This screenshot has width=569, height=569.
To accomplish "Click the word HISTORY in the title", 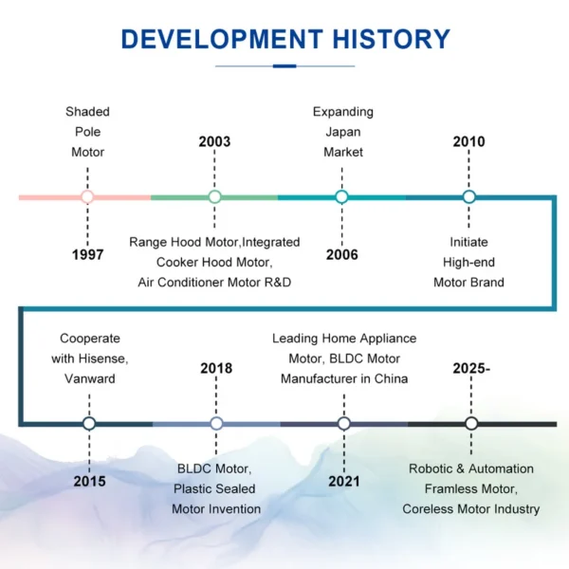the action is tap(391, 39).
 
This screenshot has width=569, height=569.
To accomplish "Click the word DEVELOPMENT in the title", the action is tap(222, 39).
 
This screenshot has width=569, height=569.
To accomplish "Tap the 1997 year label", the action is tap(88, 255).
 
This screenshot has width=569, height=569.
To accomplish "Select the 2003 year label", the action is tap(214, 141).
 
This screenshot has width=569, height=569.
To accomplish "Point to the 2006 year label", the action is tap(341, 255).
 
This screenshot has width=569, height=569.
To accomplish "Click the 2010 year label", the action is tap(468, 141).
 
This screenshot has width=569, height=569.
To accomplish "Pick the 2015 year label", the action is tap(90, 481).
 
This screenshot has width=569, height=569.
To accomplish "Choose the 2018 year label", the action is tap(216, 368).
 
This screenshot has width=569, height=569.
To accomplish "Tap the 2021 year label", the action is tap(344, 481).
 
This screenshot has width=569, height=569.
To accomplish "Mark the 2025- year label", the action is tap(471, 368).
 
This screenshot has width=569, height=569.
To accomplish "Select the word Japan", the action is tap(343, 132).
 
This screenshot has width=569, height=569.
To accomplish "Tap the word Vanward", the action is tap(90, 378).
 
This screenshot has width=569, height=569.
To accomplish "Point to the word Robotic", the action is tap(431, 468).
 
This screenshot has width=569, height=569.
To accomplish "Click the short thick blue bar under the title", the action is tap(284, 66).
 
